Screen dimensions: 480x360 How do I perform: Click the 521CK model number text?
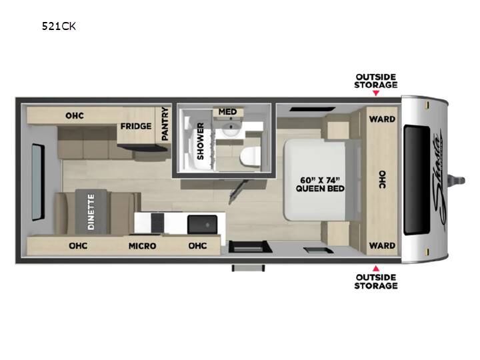(x=59, y=26)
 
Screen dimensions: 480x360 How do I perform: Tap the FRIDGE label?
(x=136, y=126)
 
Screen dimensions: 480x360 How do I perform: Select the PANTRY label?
(x=165, y=124)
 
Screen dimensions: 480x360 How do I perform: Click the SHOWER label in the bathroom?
(x=200, y=141)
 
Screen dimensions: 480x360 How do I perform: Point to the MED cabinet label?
(x=227, y=112)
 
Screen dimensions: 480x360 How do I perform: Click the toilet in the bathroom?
(x=250, y=157)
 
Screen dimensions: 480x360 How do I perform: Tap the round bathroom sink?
(x=231, y=129)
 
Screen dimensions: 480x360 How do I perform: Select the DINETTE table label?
(x=91, y=212)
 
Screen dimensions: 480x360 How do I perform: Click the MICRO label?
(x=143, y=246)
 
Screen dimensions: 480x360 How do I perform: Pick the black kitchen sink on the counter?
(x=203, y=225)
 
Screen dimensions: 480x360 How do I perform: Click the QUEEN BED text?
(x=320, y=189)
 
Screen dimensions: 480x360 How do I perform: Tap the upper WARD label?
(x=382, y=119)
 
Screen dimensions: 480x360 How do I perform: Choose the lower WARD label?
(x=382, y=245)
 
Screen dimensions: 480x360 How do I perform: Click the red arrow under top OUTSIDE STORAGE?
(x=376, y=93)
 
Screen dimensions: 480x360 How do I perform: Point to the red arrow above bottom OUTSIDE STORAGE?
(x=376, y=269)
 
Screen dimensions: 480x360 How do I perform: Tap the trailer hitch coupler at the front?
(x=457, y=181)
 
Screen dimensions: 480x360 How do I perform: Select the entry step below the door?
(x=248, y=268)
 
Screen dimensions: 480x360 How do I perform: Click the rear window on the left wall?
(x=38, y=182)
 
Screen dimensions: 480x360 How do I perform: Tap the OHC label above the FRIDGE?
(x=75, y=115)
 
